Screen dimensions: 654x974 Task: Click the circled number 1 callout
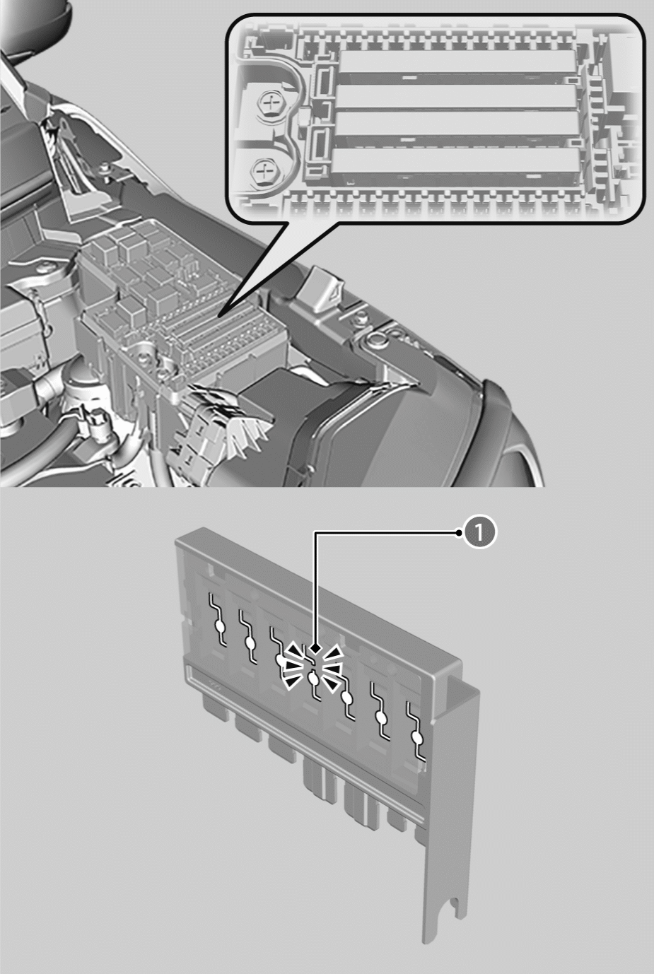click(x=479, y=532)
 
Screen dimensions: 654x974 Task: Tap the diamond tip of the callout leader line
click(x=316, y=650)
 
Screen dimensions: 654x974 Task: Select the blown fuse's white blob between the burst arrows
click(x=313, y=677)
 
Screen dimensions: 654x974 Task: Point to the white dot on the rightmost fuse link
click(x=417, y=739)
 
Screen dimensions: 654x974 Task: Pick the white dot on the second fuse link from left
click(x=250, y=643)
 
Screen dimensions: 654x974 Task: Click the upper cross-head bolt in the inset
click(x=269, y=103)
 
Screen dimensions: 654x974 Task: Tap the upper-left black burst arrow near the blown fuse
click(x=295, y=651)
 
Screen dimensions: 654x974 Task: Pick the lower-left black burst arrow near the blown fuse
click(x=292, y=684)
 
